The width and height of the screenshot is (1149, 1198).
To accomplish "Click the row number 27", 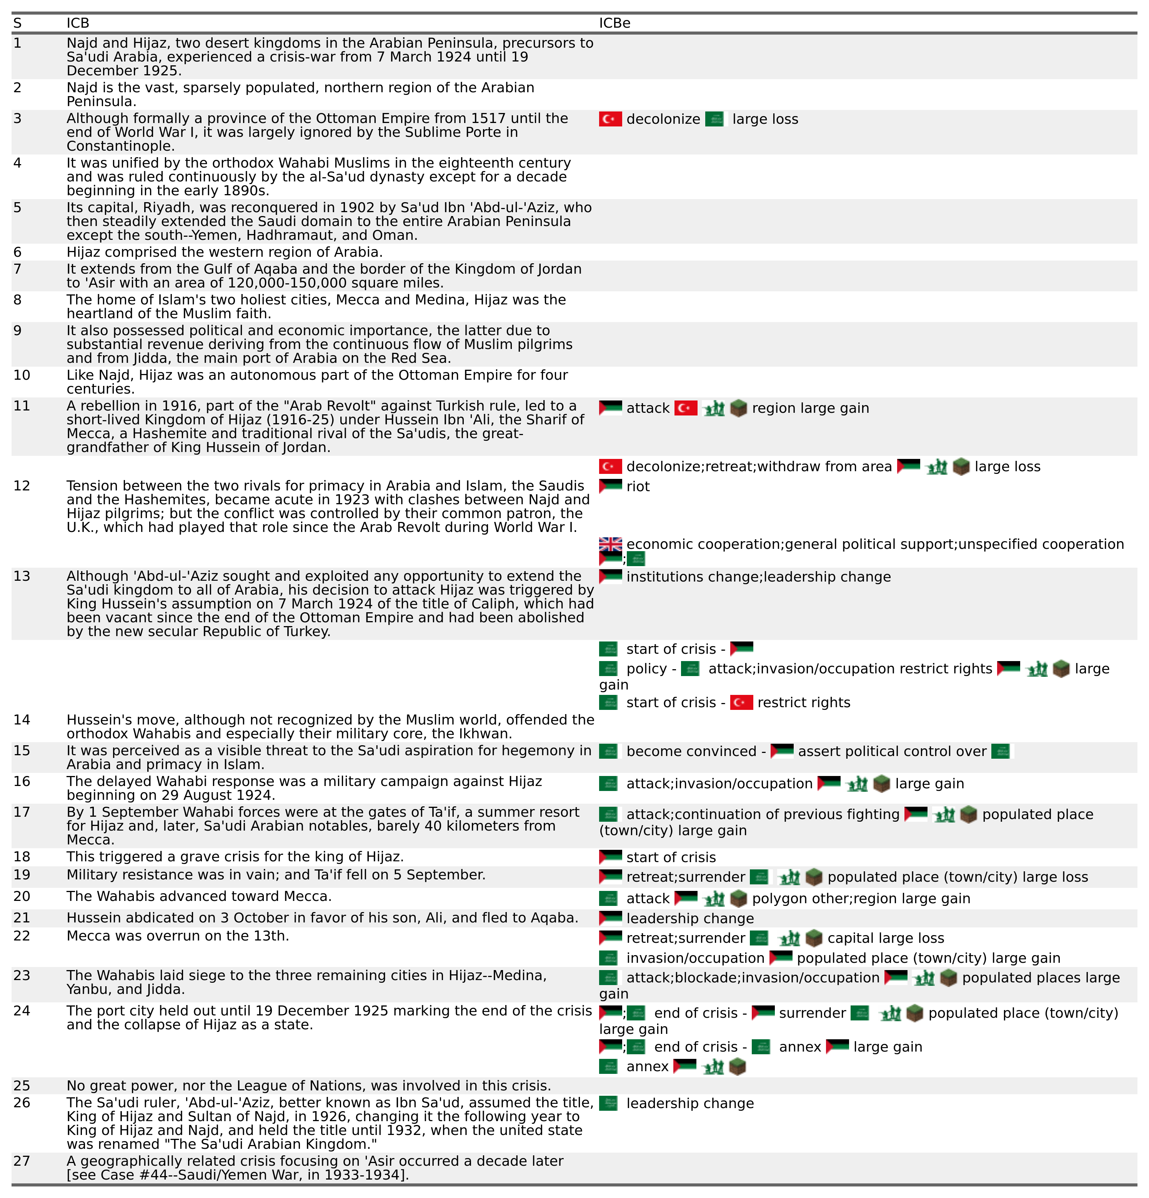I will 22,1161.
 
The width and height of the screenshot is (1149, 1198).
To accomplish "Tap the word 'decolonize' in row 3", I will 663,119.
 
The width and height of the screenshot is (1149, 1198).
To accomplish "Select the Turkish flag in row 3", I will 610,119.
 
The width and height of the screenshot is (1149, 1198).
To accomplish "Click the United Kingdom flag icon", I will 610,543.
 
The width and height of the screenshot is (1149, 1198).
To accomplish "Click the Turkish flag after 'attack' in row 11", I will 686,408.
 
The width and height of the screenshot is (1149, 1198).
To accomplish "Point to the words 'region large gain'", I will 810,408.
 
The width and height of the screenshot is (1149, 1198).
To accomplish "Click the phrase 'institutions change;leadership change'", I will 758,577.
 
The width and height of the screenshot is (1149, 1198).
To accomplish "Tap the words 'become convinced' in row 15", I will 691,751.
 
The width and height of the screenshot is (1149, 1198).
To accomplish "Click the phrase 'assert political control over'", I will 892,751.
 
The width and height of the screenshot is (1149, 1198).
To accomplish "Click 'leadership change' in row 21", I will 690,918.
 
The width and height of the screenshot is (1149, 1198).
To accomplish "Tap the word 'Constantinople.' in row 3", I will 120,146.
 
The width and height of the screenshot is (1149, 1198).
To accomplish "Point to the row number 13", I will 22,576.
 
